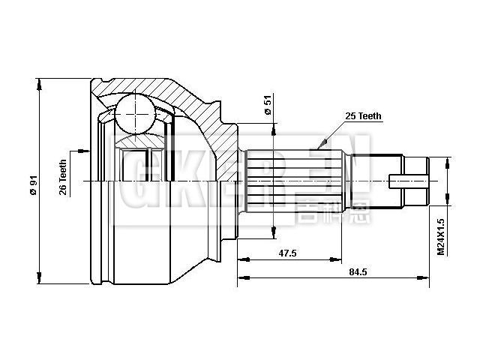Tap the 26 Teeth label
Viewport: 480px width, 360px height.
(64, 177)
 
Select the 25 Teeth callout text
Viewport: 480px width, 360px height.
(364, 116)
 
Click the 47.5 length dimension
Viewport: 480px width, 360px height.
(287, 253)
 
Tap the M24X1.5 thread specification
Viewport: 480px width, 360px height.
(442, 236)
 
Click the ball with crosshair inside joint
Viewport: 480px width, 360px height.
(135, 112)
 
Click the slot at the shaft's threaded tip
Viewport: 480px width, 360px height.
(409, 181)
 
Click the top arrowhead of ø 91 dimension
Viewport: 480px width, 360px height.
(38, 80)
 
